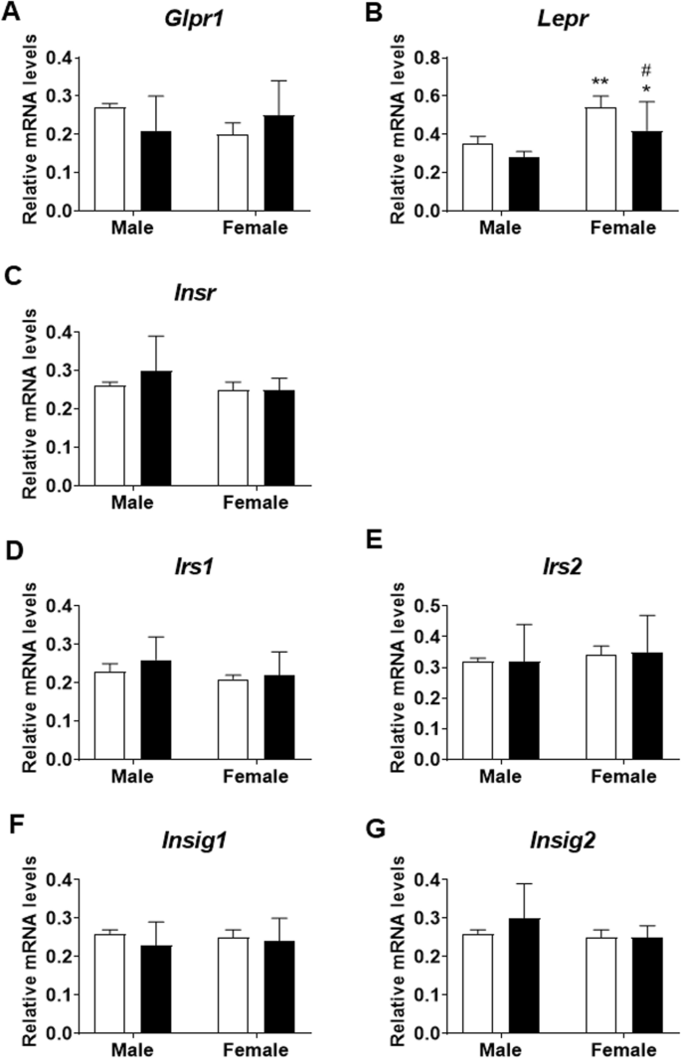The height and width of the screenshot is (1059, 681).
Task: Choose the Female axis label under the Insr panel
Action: tap(255, 503)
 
